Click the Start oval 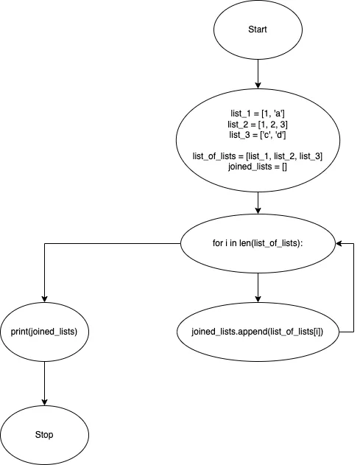pyautogui.click(x=257, y=30)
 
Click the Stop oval pyautogui.click(x=45, y=434)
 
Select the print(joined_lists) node pyautogui.click(x=45, y=331)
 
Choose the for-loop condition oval pyautogui.click(x=257, y=242)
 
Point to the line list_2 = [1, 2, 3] pyautogui.click(x=257, y=125)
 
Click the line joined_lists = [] pyautogui.click(x=257, y=167)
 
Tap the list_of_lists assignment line pyautogui.click(x=257, y=156)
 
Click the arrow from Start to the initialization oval pyautogui.click(x=257, y=74)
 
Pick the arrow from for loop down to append pyautogui.click(x=257, y=283)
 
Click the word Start pyautogui.click(x=257, y=30)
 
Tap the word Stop pyautogui.click(x=45, y=434)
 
